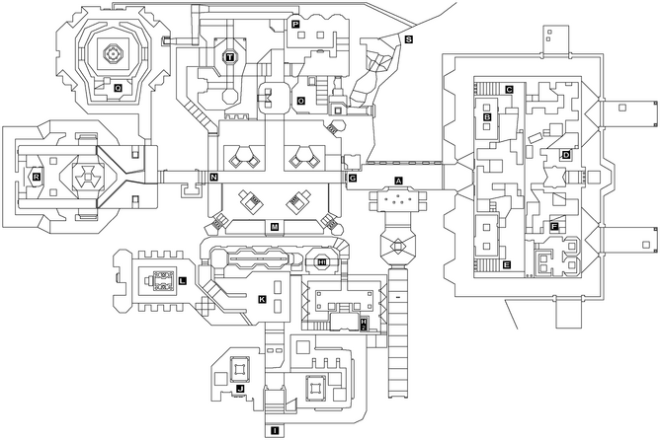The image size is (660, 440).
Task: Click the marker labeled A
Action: pos(398,181)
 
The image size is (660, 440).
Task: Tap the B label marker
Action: pos(487,117)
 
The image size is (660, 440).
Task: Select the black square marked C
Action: pos(509,90)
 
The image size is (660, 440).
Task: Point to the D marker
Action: pos(566,155)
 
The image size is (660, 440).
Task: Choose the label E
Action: pos(506,265)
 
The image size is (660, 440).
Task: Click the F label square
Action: pos(554,227)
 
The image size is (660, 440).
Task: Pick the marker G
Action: pos(352,179)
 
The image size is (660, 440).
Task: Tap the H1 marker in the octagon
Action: pos(323,261)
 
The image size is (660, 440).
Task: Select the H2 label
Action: pos(364,325)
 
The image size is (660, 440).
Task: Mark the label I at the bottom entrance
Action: pos(275,431)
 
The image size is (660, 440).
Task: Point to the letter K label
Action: pos(262,299)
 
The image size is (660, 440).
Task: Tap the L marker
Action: pos(184,281)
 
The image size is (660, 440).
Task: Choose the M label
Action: pos(275,227)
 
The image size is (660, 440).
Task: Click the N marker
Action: pos(213,178)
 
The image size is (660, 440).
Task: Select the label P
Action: pos(294,23)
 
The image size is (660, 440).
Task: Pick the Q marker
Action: pos(118,88)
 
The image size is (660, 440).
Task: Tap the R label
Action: pos(37,177)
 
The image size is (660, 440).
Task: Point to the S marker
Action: pos(408,39)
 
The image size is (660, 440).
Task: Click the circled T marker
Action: pos(229,57)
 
